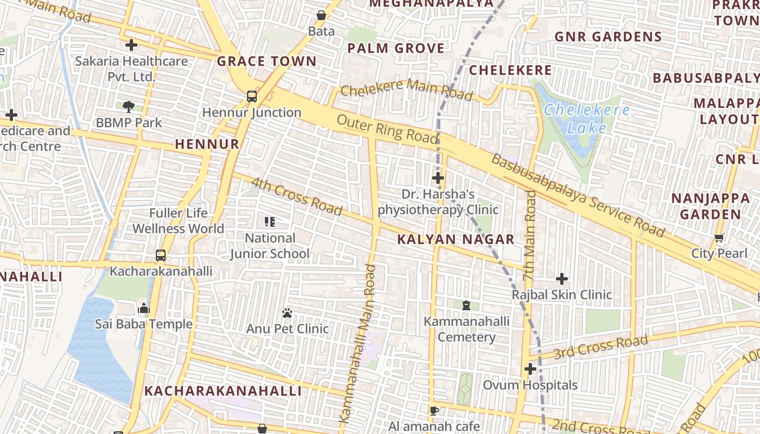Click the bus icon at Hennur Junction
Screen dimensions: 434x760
coord(252,97)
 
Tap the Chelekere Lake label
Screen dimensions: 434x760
coord(587,119)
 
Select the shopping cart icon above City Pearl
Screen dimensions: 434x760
coord(719,238)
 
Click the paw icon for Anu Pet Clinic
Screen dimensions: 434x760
coord(287,313)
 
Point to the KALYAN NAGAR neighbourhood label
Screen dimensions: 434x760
coord(455,239)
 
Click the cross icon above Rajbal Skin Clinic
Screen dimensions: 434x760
coord(562,279)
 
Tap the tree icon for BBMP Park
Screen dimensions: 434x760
coord(129,106)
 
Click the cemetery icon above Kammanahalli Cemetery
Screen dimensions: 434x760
coord(466,306)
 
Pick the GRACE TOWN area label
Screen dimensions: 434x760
coord(267,61)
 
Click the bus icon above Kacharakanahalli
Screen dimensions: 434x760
coord(161,255)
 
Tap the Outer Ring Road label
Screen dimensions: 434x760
coord(387,129)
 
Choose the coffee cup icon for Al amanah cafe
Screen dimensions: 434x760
coord(434,411)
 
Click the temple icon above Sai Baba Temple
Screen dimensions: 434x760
coord(144,309)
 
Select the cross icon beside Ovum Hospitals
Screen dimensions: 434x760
coord(530,369)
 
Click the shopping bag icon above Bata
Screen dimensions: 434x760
coord(321,15)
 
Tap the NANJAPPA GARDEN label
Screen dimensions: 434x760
coord(710,206)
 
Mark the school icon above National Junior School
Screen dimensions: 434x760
coord(269,221)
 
